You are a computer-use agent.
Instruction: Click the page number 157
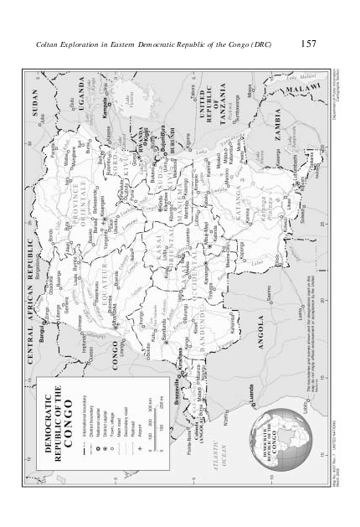[306, 43]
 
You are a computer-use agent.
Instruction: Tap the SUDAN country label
[35, 107]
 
